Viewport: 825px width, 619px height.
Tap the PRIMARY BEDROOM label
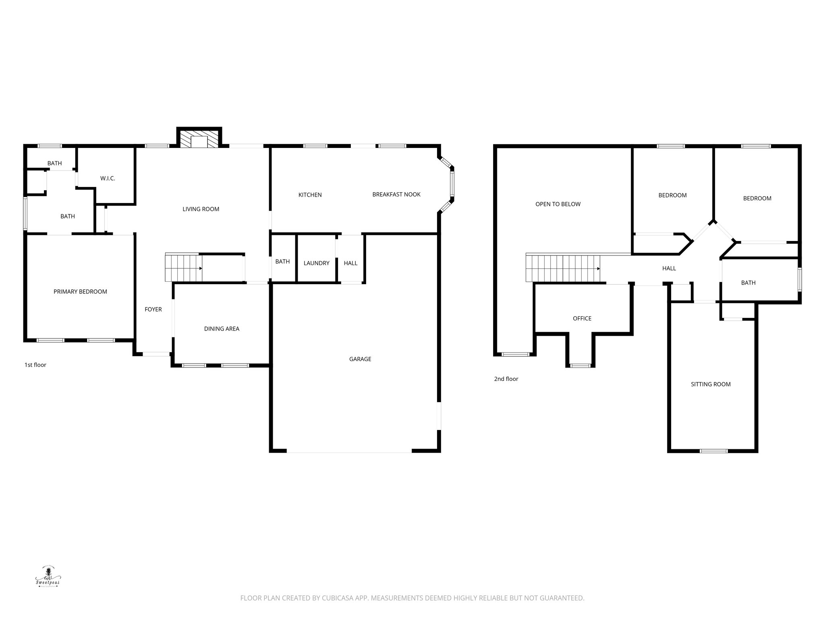coord(80,292)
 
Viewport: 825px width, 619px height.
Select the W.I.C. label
coord(108,179)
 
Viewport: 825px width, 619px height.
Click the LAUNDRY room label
coord(316,263)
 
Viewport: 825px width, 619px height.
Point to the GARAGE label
coord(360,359)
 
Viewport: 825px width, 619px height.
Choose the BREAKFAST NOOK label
coord(396,195)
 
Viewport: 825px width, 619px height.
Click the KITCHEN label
coord(310,195)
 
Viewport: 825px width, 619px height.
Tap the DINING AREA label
coord(222,329)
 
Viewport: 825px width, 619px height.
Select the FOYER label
coord(153,309)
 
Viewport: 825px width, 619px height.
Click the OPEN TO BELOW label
coord(558,204)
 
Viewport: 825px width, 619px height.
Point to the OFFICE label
coord(582,319)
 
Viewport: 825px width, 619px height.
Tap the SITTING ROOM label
coord(710,384)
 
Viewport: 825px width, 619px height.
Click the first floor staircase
coord(183,268)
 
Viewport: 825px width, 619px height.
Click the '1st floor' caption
coord(35,365)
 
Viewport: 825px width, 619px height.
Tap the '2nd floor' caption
coord(506,379)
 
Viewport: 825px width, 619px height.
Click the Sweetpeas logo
coord(48,576)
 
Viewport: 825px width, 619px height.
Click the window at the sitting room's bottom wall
coord(713,451)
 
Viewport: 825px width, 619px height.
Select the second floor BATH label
coord(748,283)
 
